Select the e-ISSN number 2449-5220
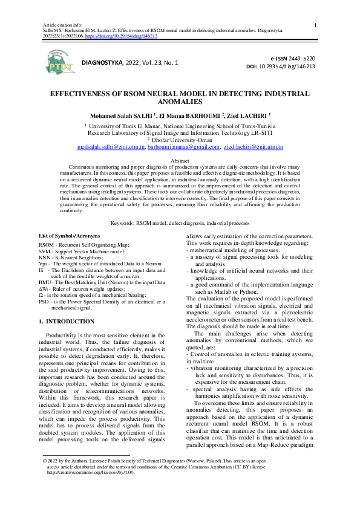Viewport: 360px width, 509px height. pos(301,58)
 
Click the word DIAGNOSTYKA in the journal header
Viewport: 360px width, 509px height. pos(102,62)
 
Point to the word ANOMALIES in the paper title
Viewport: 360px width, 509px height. pos(179,102)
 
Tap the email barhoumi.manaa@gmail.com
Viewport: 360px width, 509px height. pos(183,147)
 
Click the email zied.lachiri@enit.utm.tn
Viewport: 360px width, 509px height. pos(254,147)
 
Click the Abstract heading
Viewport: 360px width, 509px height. pos(180,160)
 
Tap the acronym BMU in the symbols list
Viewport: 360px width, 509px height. pos(45,282)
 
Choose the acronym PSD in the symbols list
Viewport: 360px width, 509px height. pos(44,300)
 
